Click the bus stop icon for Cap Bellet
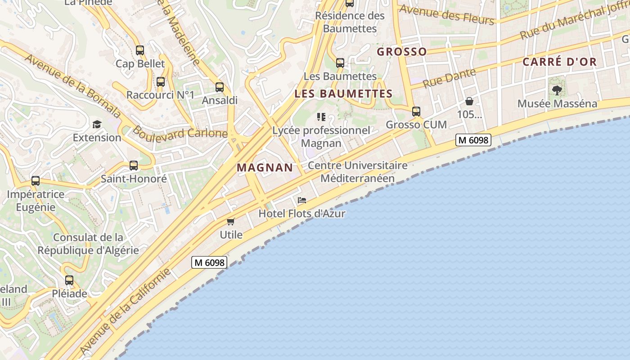tap(140, 50)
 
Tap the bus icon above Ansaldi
tap(220, 87)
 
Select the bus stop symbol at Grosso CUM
tap(416, 112)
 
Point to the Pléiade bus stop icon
tap(69, 280)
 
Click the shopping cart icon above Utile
tap(231, 221)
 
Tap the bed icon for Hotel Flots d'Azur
tap(302, 200)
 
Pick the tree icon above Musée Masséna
tap(557, 90)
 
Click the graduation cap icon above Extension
tap(97, 124)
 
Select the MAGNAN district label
tap(265, 168)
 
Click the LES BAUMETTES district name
tap(343, 94)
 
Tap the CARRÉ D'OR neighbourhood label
tap(559, 62)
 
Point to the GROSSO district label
tap(401, 52)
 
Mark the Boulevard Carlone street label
tap(180, 134)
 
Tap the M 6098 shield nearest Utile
tap(209, 262)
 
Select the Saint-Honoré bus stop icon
tap(134, 166)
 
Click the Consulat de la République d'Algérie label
tap(88, 244)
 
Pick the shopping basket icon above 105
tap(469, 101)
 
